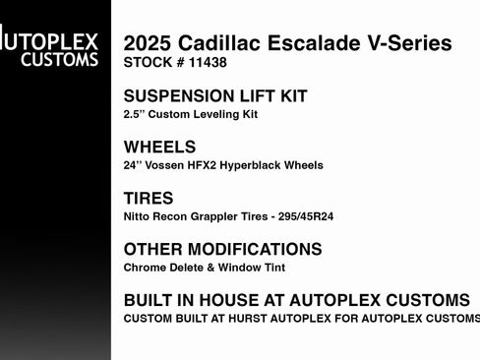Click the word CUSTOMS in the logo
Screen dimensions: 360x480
63,60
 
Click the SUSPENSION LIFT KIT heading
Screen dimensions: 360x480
215,96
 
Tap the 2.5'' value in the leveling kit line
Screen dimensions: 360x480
135,114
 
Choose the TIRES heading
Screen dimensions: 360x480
149,199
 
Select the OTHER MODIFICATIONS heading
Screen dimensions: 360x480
223,250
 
